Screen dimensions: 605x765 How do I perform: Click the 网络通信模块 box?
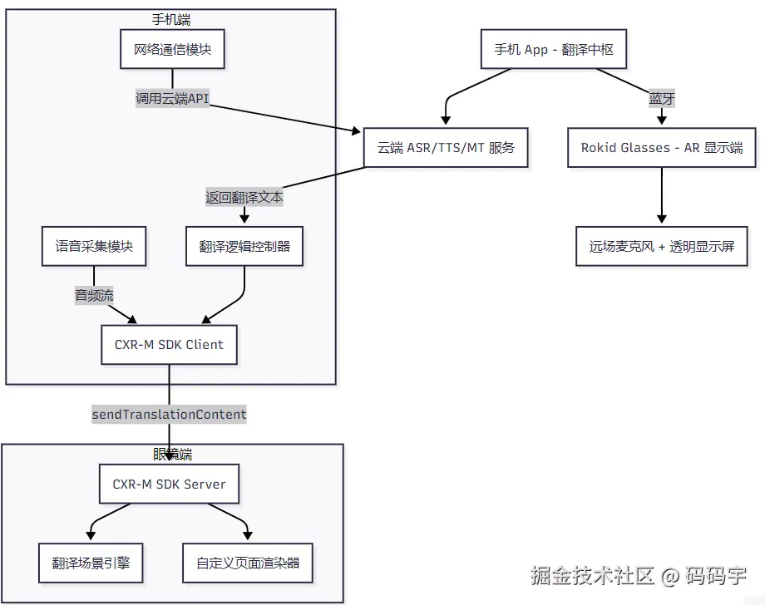[172, 50]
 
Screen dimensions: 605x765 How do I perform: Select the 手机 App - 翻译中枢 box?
[554, 50]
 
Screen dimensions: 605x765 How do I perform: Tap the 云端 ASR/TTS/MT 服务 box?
[446, 148]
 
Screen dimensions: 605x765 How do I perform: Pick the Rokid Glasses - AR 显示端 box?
[662, 148]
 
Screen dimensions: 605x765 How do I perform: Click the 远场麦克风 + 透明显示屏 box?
[662, 247]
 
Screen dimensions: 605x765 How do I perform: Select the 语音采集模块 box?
[94, 247]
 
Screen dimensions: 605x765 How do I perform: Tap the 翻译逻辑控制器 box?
[244, 247]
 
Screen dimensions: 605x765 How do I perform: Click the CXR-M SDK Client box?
[169, 345]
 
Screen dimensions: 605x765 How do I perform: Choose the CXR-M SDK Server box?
[169, 484]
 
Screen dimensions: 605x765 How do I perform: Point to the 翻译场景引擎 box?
[91, 563]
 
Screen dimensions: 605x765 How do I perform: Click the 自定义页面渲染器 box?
[248, 563]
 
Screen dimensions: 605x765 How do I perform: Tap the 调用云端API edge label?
[172, 98]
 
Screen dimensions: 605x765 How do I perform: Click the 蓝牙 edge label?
[662, 99]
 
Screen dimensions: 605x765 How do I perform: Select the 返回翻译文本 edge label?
[244, 198]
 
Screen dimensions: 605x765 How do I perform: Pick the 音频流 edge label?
[94, 295]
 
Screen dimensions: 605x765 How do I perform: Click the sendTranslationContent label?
[169, 414]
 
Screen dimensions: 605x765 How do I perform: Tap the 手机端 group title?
[171, 18]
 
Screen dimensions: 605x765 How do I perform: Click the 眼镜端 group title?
[172, 454]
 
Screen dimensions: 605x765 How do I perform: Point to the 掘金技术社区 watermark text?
[593, 575]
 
